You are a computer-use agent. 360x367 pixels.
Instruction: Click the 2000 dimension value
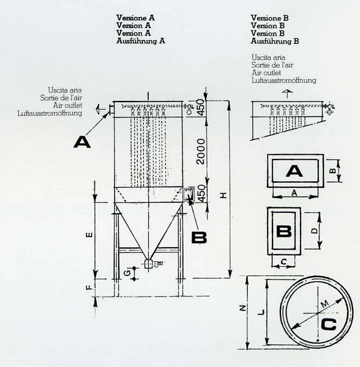point(201,152)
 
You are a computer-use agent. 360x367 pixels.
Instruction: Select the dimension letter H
point(224,195)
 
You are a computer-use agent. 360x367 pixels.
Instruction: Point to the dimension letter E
point(89,235)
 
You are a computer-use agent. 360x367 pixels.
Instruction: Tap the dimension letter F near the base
point(89,287)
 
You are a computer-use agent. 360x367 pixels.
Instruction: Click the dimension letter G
point(127,273)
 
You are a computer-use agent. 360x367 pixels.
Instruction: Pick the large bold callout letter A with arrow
point(82,143)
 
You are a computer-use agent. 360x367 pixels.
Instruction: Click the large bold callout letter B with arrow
point(199,237)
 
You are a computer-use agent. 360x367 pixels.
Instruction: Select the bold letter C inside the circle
point(329,325)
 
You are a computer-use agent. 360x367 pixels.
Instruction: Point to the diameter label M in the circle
point(324,304)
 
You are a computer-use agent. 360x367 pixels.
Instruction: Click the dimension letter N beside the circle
point(243,308)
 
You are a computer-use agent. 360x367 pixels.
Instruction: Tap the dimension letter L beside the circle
point(261,312)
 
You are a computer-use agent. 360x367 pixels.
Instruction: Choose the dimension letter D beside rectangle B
point(315,231)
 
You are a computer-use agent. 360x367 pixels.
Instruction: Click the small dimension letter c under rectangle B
point(283,261)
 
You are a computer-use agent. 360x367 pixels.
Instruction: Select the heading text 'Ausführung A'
point(141,41)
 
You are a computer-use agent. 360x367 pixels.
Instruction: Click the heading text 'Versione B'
point(270,18)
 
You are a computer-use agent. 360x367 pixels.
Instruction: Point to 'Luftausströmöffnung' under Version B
point(284,80)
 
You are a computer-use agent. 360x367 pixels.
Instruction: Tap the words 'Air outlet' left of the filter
point(67,105)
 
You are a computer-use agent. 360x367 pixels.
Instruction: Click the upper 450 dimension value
point(201,107)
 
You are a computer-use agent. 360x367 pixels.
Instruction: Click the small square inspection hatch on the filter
point(189,195)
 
